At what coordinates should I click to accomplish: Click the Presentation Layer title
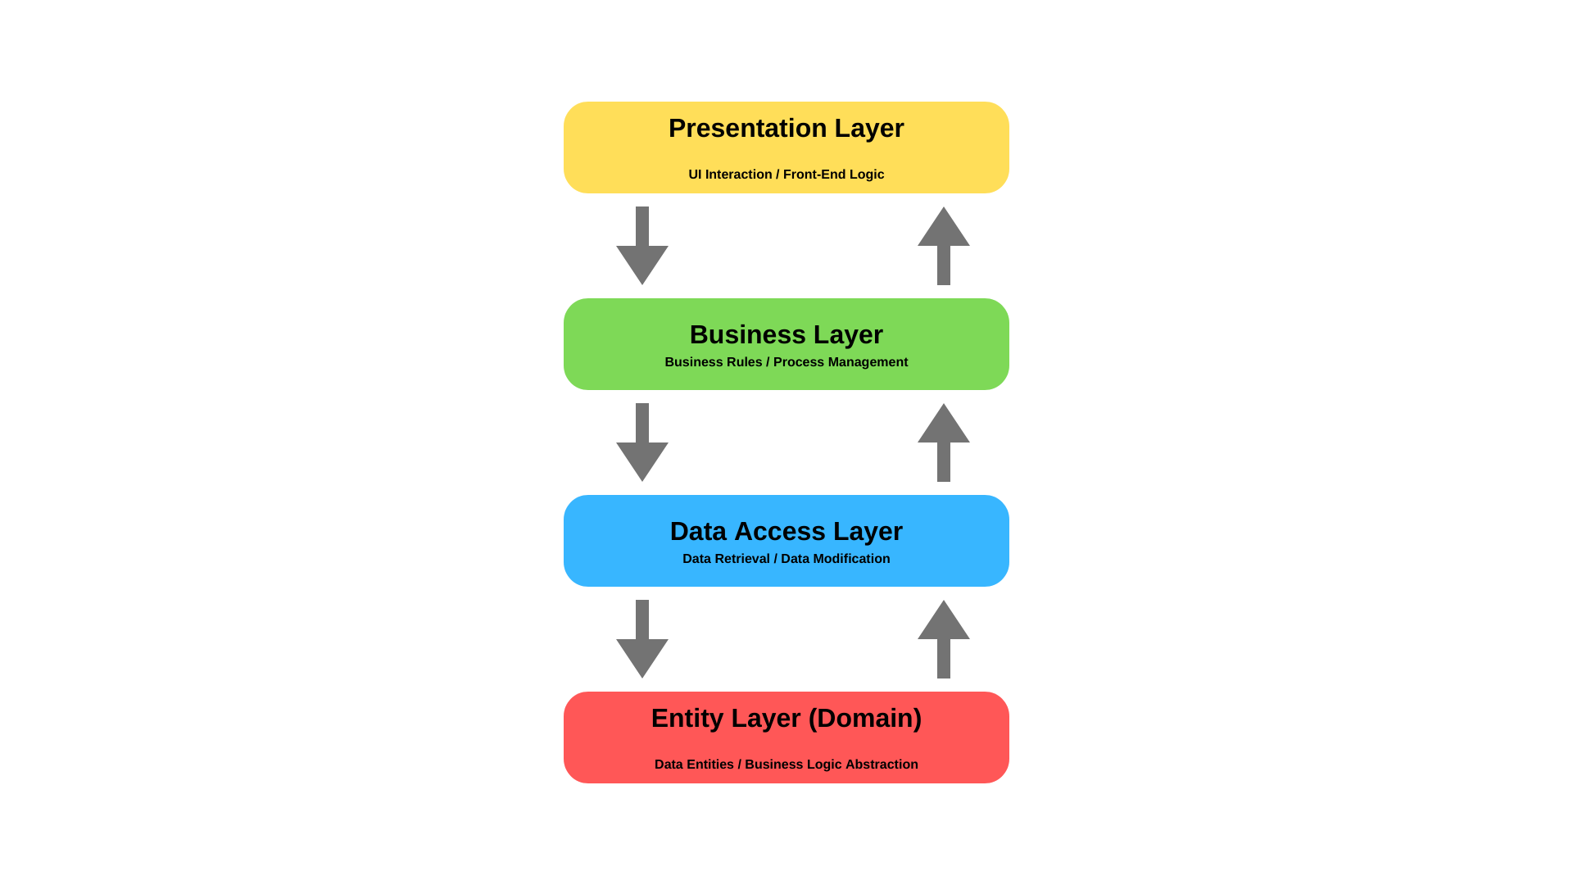coord(786,129)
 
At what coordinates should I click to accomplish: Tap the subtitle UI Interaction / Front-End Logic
coord(786,175)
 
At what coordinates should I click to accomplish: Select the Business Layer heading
coord(786,335)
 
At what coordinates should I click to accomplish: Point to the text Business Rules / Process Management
coord(786,362)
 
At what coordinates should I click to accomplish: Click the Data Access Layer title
coord(786,532)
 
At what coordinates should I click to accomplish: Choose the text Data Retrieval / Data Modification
coord(786,559)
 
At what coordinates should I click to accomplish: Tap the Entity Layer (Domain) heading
coord(786,719)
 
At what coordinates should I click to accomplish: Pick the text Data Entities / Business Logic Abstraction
coord(786,765)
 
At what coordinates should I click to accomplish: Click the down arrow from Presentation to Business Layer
coord(642,250)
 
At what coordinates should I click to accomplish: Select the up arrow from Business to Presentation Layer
coord(944,242)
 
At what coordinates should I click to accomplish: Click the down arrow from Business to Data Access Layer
coord(642,447)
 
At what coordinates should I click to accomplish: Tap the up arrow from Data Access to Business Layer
coord(944,438)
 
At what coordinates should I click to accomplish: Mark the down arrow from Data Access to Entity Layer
coord(642,643)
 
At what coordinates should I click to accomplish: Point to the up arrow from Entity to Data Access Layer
coord(944,635)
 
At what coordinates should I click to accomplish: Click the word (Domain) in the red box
coord(864,719)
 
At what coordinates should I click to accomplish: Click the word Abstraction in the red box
coord(882,765)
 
